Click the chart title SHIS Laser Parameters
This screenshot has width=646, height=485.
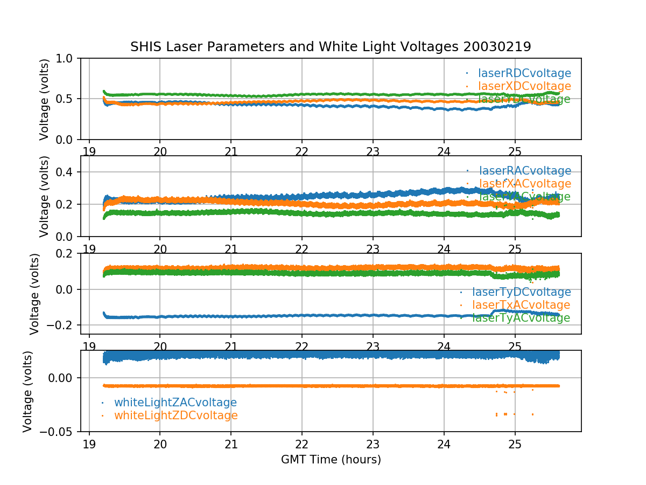coord(331,47)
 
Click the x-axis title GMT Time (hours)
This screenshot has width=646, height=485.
coord(331,460)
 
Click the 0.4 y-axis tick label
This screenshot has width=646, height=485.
coord(67,172)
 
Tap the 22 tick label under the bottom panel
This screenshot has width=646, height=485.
coord(302,444)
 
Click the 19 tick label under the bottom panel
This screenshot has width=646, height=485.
coord(89,444)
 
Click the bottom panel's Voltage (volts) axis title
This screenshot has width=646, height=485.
coord(28,391)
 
